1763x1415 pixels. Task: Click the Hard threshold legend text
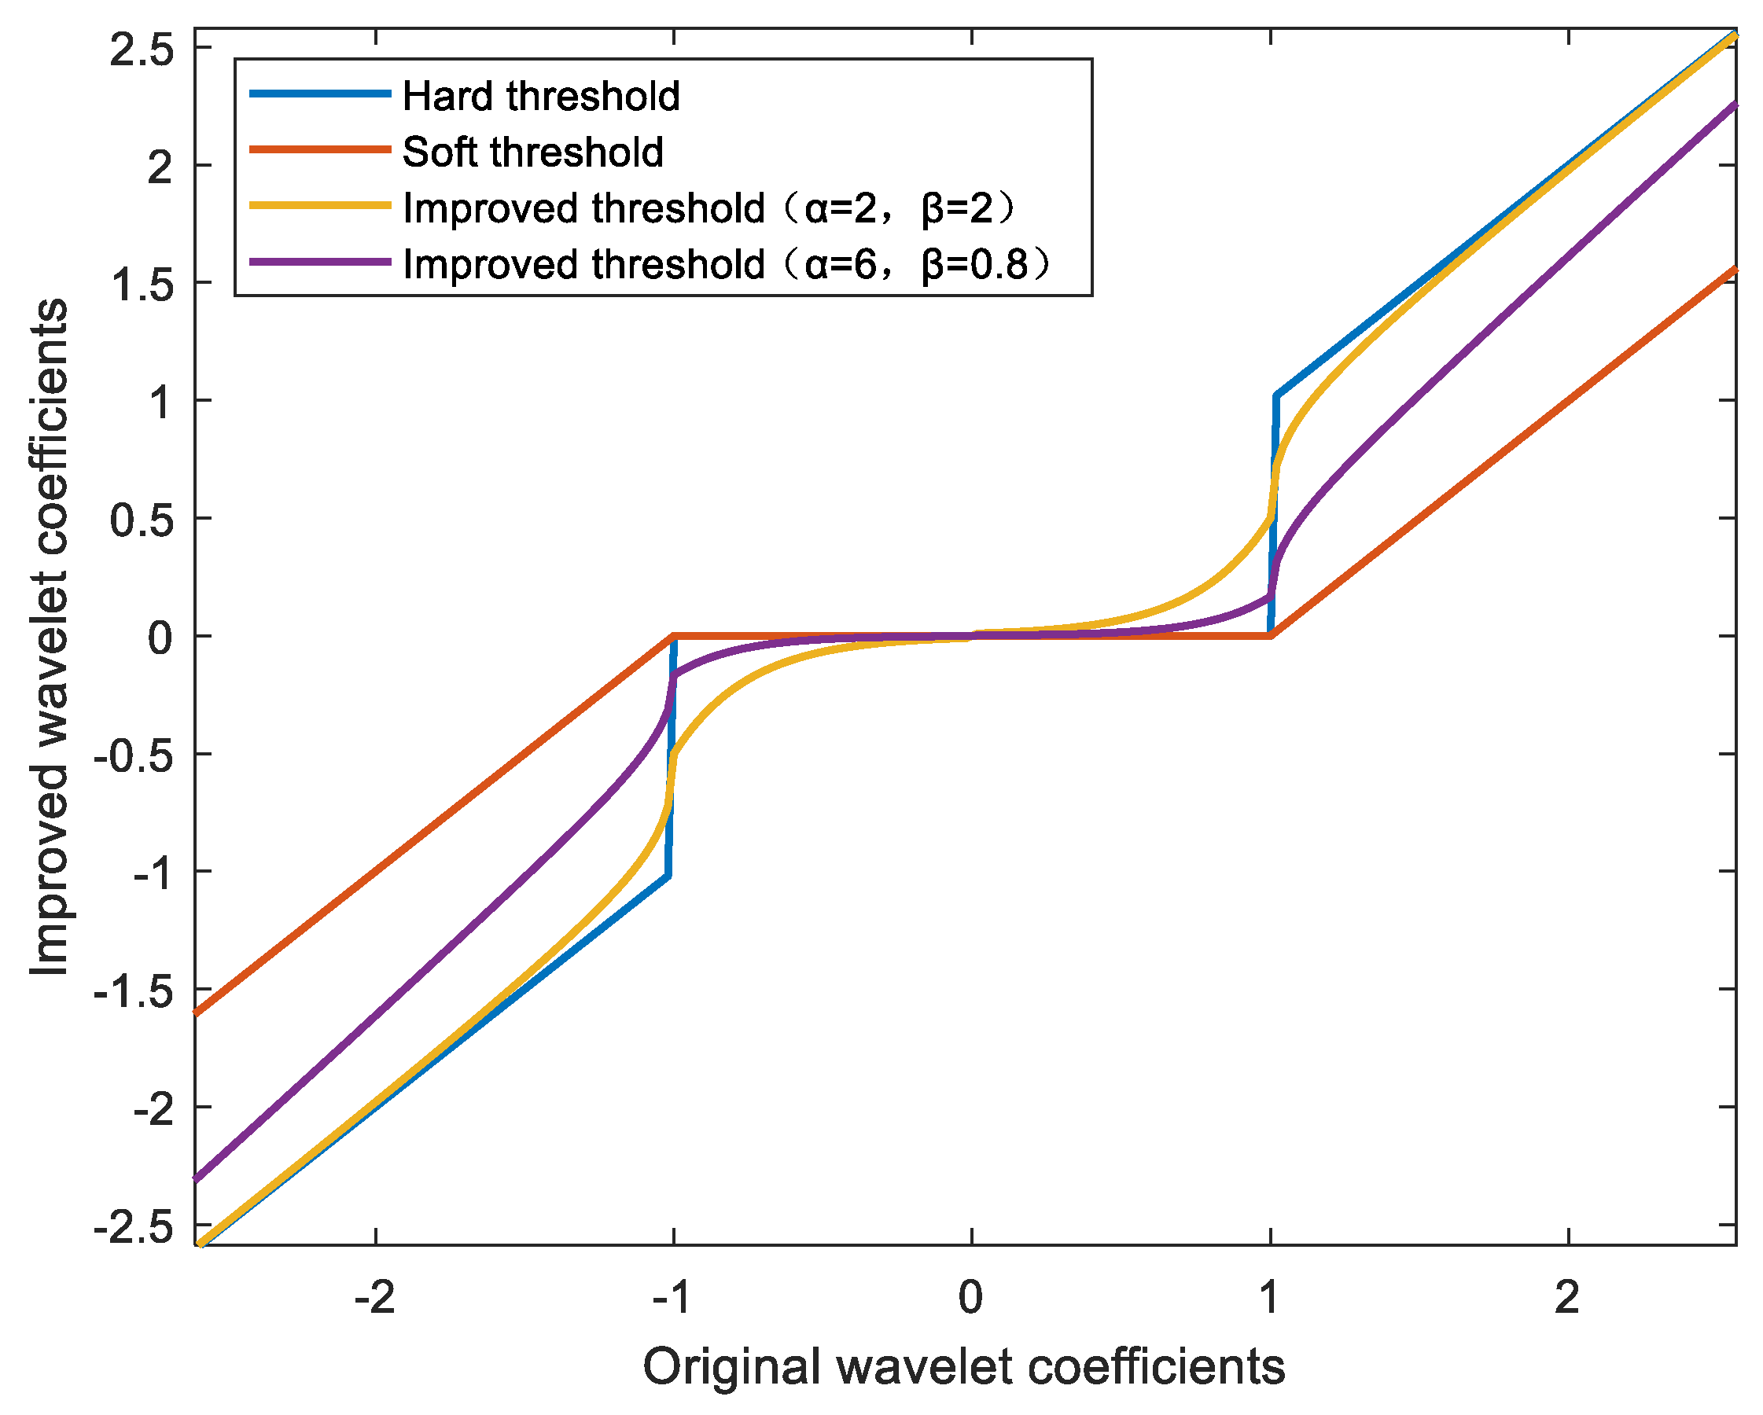[540, 97]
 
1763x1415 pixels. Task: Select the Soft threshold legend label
[532, 153]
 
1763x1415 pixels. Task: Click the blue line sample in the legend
[320, 94]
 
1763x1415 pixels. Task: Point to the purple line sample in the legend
[320, 263]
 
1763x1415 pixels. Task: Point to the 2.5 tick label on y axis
[142, 50]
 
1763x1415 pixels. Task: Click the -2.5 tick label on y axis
[134, 1229]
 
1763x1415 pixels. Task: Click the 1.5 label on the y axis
[142, 286]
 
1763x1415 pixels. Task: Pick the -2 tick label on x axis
[374, 1297]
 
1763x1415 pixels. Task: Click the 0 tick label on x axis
[970, 1297]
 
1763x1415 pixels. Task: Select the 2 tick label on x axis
[1566, 1297]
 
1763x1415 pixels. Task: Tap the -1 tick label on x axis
[673, 1297]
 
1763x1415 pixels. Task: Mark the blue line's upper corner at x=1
[1275, 396]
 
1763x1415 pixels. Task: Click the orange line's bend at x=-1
[673, 635]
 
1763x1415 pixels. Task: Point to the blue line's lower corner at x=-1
[668, 877]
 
